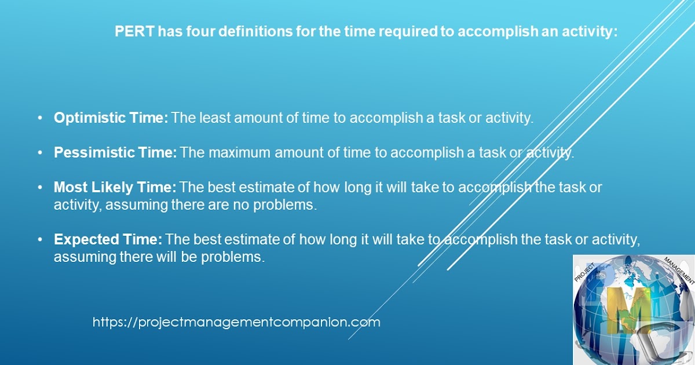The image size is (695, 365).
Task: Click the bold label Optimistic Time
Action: (111, 118)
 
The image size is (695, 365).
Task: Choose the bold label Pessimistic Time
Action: (115, 153)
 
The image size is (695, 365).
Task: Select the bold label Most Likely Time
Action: (115, 188)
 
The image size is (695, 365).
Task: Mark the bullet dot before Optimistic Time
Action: (40, 118)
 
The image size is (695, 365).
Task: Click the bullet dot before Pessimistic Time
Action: (40, 153)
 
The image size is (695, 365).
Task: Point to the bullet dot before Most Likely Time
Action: (40, 188)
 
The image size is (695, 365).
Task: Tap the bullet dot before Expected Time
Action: (40, 240)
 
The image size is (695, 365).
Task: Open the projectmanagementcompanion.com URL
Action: (236, 322)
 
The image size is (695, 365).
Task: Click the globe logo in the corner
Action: (633, 310)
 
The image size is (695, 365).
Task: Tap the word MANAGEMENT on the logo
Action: (678, 269)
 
